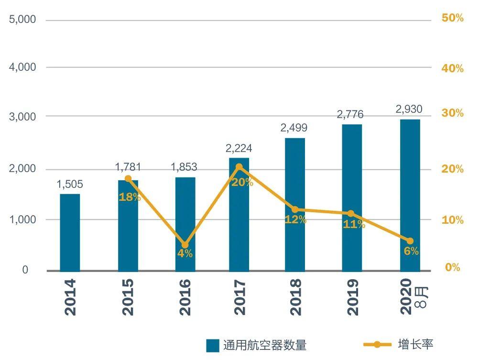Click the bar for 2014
coord(70,232)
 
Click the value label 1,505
coord(70,185)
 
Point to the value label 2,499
coord(294,128)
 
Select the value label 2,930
coord(409,109)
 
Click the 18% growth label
coord(130,196)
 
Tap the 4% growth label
coord(185,253)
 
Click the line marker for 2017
coord(239,167)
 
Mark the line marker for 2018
coord(295,209)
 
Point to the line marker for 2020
coord(410,241)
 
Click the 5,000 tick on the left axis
coord(22,20)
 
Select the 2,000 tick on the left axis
coord(22,169)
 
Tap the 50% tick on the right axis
coord(453,18)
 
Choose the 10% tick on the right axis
coord(453,220)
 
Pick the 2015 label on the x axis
coord(128,297)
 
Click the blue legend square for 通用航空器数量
coord(213,345)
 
